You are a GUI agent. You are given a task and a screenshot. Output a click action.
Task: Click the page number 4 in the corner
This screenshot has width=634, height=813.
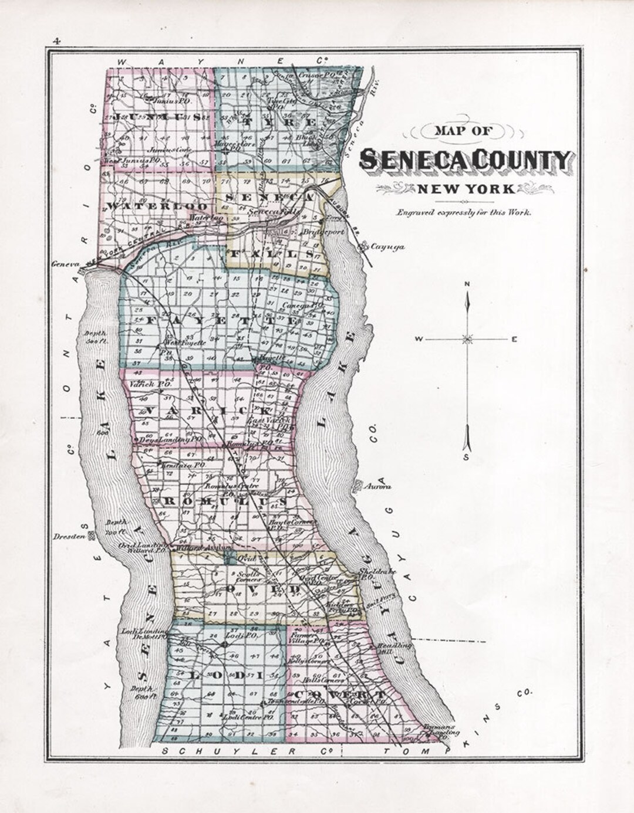57,41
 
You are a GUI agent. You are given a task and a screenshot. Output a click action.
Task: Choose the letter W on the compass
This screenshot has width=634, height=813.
420,339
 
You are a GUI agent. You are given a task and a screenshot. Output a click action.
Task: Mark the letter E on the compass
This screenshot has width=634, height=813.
514,339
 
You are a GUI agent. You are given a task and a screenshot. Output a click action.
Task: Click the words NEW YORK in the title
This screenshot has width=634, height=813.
466,189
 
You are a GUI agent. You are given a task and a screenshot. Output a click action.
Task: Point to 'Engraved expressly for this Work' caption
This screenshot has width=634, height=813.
464,213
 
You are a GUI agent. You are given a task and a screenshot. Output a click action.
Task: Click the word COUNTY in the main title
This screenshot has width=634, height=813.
520,160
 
